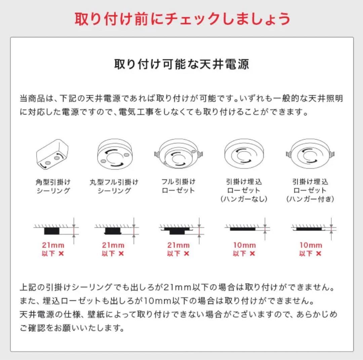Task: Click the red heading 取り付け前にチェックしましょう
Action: tap(182, 19)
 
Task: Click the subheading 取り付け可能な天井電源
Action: tap(182, 64)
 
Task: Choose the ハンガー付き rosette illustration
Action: tap(310, 154)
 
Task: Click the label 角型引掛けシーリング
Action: tap(53, 186)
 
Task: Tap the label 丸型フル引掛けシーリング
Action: tap(114, 186)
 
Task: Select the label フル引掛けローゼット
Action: tap(178, 186)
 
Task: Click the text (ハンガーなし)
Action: tap(244, 199)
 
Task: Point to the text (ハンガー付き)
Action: tap(310, 199)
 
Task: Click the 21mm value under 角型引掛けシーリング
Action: tap(53, 245)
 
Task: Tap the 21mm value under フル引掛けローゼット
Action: tap(178, 245)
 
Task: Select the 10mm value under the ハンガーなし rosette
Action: tap(244, 245)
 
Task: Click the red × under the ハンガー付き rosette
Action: tap(318, 254)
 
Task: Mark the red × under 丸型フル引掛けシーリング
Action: tap(121, 254)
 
